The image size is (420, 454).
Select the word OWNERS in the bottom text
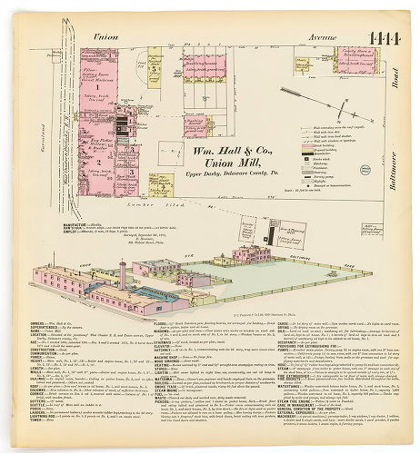[x=40, y=322]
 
